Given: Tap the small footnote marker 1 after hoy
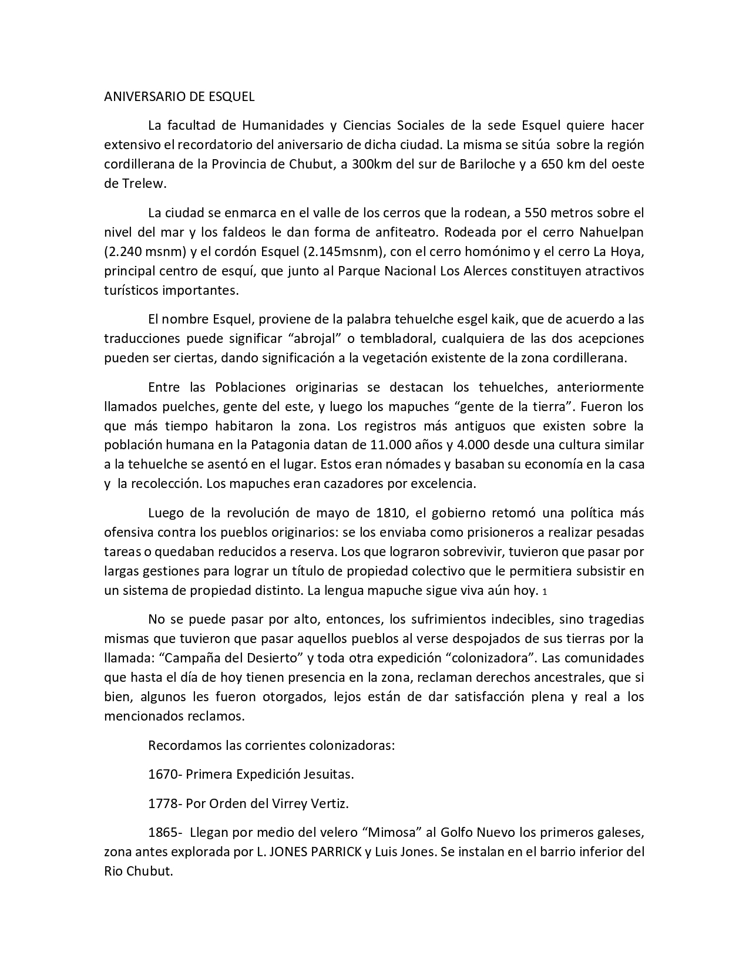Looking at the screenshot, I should coord(545,591).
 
